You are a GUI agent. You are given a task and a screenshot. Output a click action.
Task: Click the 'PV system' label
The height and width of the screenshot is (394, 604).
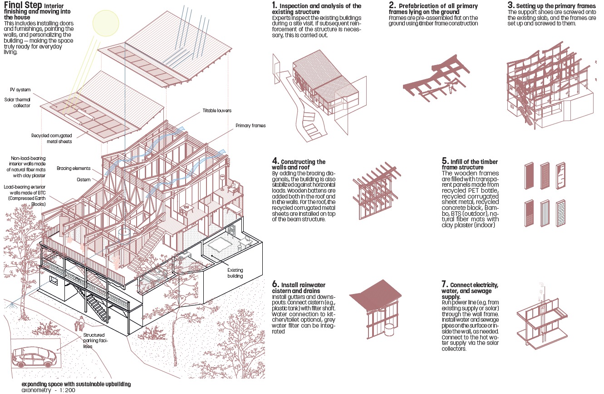coord(20,90)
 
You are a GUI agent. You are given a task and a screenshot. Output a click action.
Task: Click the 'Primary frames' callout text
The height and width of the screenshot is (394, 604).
coord(250,125)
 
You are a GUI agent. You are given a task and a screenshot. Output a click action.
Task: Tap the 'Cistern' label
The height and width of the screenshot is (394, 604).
coord(83,179)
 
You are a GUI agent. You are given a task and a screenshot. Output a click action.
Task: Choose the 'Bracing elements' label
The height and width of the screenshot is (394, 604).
coord(74,168)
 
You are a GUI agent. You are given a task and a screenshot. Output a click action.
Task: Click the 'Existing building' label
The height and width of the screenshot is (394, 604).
coord(235,273)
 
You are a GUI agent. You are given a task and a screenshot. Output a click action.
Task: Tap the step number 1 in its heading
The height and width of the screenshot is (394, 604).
coord(274,5)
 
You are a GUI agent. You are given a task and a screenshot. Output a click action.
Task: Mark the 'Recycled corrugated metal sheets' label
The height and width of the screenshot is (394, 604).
coord(52,138)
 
